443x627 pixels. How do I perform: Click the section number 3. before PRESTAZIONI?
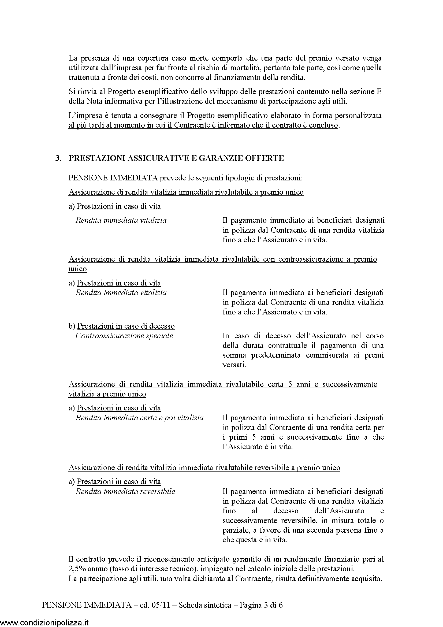click(x=58, y=158)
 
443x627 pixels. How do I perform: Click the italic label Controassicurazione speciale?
click(x=124, y=336)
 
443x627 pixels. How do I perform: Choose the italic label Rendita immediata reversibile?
click(x=125, y=492)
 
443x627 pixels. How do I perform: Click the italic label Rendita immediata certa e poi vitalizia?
click(x=139, y=418)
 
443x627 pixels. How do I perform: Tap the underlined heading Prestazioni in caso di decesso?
click(x=126, y=326)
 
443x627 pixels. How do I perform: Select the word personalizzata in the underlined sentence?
click(x=358, y=116)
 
